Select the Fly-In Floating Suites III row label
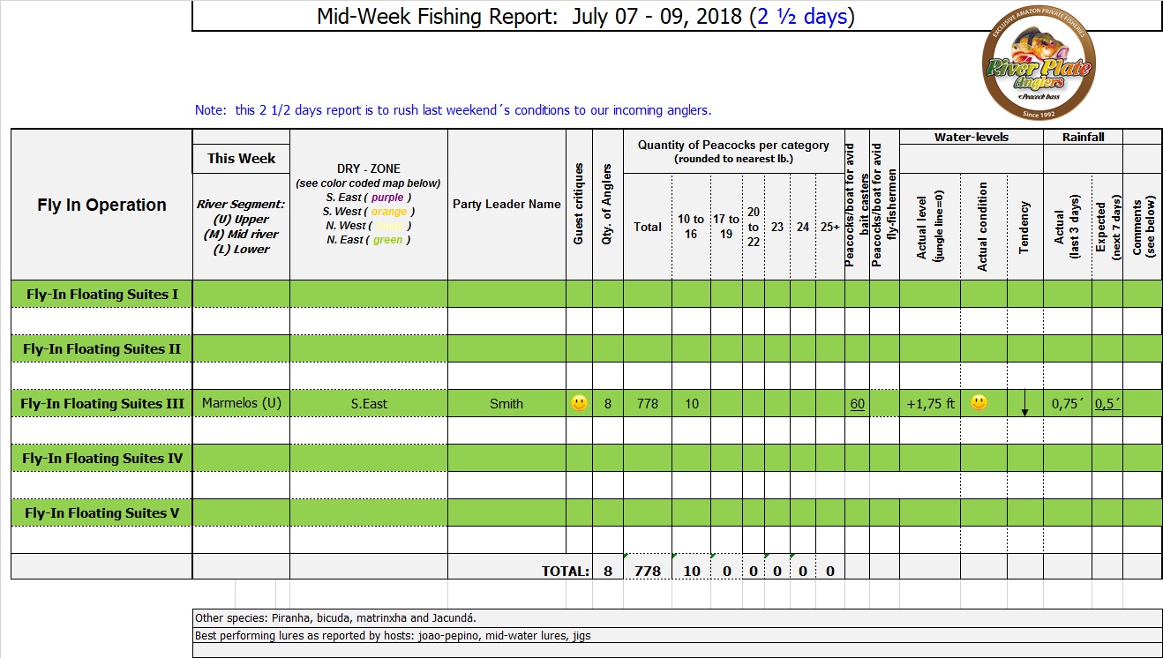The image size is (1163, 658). tap(102, 403)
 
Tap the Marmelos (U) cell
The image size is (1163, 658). tap(241, 403)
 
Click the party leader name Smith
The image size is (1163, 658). tap(506, 404)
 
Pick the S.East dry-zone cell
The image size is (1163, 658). tap(369, 404)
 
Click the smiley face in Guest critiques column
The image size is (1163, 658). tap(579, 403)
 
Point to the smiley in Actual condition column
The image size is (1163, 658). tap(979, 402)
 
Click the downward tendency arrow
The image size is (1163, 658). tap(1024, 407)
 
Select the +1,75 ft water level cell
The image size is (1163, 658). tap(930, 404)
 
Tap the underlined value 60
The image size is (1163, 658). tap(857, 404)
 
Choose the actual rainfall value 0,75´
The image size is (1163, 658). tap(1067, 404)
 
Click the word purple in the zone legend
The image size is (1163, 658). tap(386, 198)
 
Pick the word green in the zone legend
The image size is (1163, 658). tap(387, 240)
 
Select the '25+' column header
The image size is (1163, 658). tap(829, 227)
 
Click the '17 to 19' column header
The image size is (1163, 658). tap(726, 227)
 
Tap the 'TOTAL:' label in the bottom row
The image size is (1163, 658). tap(565, 571)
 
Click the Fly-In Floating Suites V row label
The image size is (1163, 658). tap(102, 512)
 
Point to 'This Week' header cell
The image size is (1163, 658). tap(241, 159)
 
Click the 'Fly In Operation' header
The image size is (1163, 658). tap(101, 205)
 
